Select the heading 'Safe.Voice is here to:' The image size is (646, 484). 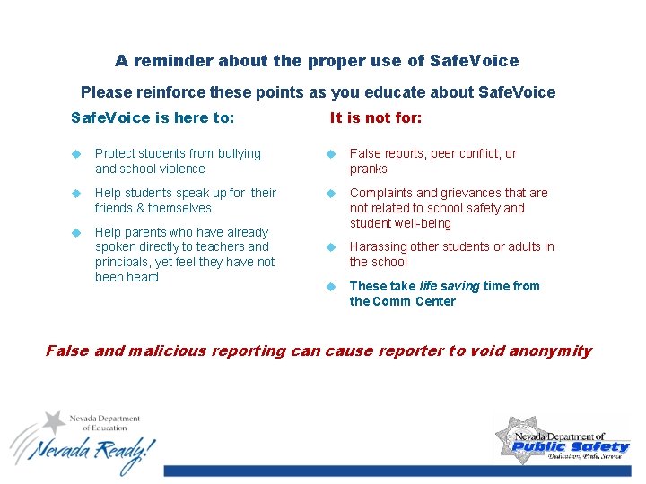click(x=153, y=117)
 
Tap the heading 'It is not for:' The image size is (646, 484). click(x=375, y=117)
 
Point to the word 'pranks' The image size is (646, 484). click(x=369, y=169)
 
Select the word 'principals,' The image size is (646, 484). click(x=127, y=262)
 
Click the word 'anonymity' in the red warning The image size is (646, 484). click(x=550, y=350)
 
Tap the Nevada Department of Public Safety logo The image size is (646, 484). click(x=562, y=438)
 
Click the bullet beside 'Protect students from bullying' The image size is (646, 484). click(x=77, y=154)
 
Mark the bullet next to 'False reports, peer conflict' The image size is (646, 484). click(x=330, y=154)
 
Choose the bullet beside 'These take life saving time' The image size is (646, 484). click(x=330, y=287)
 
